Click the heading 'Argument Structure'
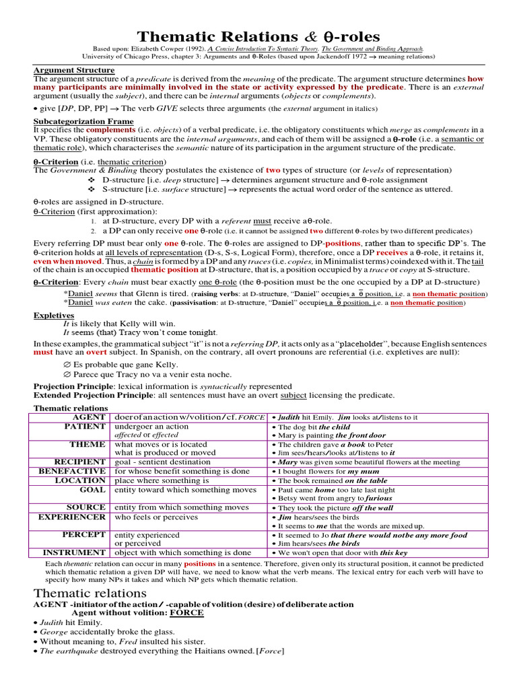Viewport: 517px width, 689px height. pos(74,70)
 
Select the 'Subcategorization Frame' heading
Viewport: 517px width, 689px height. pos(83,121)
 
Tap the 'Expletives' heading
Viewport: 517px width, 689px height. pos(54,315)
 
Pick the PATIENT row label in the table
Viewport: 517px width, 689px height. pos(85,427)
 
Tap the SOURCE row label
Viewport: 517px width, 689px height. pos(86,507)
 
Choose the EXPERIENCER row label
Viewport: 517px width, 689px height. pos(74,517)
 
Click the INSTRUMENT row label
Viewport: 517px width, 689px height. pos(76,552)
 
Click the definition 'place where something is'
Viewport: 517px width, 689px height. pos(162,481)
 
